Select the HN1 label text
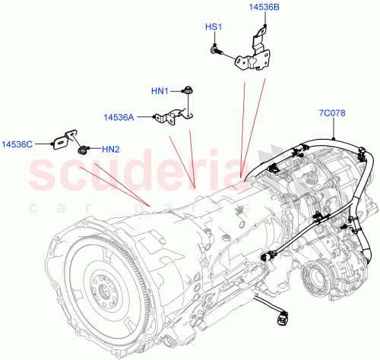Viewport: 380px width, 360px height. [160, 92]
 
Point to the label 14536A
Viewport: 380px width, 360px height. [119, 117]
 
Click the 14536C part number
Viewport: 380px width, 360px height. [17, 143]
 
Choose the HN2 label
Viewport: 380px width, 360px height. [111, 149]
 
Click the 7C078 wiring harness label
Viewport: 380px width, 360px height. [332, 114]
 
